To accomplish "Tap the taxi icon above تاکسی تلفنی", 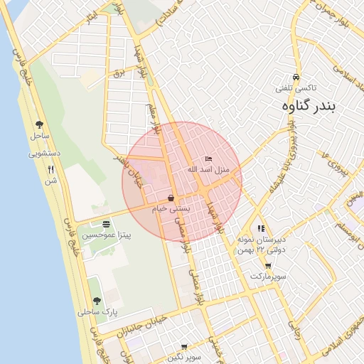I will (x=296, y=77).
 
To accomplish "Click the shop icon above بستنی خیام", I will (x=171, y=198).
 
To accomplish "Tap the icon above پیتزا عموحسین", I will (x=106, y=224).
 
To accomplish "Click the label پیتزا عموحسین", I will (x=107, y=235).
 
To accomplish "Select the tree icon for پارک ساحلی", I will (x=97, y=301).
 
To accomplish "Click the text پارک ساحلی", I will (x=98, y=312).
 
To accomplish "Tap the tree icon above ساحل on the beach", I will (x=39, y=124).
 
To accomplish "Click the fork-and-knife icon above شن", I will (x=50, y=170).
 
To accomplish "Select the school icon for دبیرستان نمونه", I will (x=262, y=230).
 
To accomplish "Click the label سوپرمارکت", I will (x=267, y=275).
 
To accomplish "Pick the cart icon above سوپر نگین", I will (x=184, y=347).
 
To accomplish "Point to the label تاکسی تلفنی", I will (x=296, y=88).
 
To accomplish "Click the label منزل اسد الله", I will (x=205, y=169).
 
